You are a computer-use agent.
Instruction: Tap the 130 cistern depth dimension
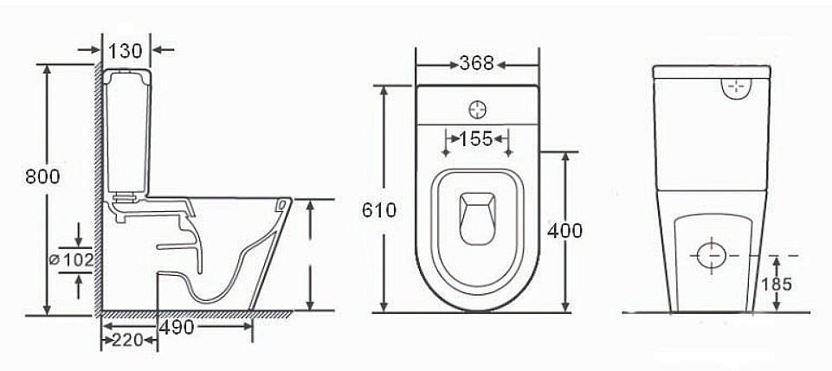pos(126,49)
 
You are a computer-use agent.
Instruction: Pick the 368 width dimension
pos(476,63)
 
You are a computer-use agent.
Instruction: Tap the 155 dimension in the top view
pos(476,138)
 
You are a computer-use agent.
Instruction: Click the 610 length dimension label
pos(379,210)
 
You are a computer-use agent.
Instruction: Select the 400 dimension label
pos(565,230)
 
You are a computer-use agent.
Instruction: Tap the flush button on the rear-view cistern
pos(737,87)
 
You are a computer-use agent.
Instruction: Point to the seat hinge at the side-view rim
pos(281,205)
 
